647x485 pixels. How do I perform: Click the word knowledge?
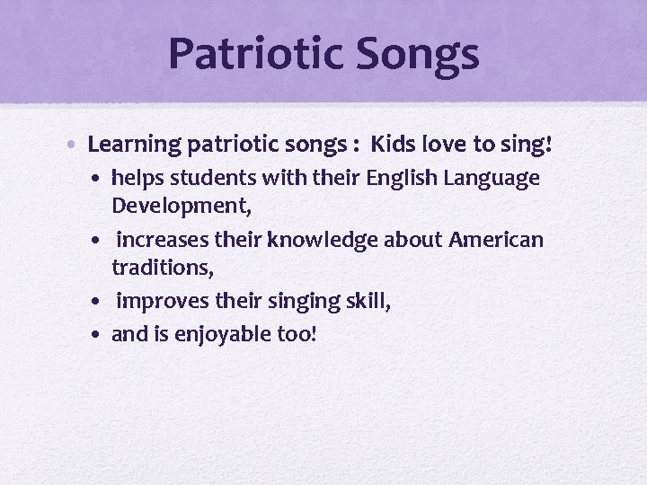(314, 241)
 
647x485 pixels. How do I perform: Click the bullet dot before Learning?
(76, 144)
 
